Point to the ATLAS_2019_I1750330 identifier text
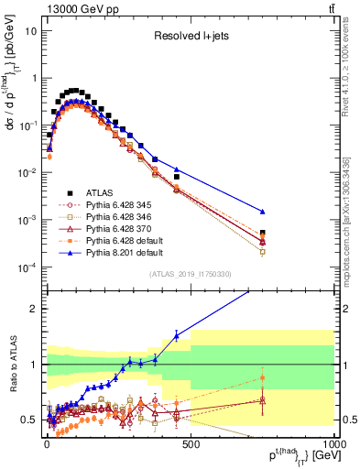coord(191,274)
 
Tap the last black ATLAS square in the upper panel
coord(263,233)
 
